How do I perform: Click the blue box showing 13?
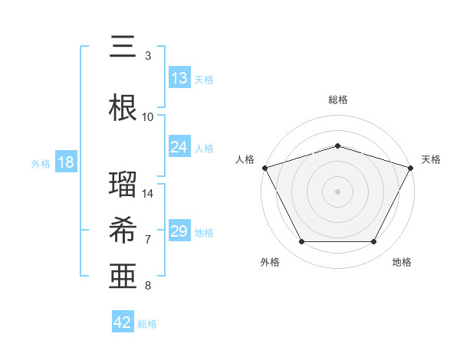179,78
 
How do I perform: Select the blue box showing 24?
179,147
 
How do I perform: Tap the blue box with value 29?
179,231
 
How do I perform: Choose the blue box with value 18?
65,162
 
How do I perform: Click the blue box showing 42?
123,322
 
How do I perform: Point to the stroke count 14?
148,194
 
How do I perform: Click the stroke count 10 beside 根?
148,117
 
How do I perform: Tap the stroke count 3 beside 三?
148,56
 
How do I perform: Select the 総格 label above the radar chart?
337,100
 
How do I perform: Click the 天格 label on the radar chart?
431,159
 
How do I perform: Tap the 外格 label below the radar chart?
270,262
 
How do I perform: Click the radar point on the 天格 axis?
412,167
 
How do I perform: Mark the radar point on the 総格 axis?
337,145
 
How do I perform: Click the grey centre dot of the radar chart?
337,191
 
